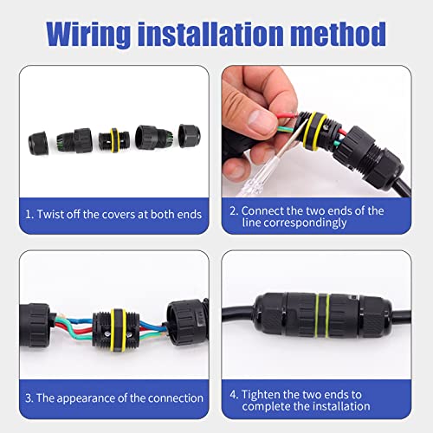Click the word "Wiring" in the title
88,34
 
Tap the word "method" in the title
338,34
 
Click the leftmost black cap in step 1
38,144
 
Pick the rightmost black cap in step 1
190,136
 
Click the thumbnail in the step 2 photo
260,120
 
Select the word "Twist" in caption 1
50,215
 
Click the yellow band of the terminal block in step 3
117,331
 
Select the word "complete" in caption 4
266,407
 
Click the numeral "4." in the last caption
234,395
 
